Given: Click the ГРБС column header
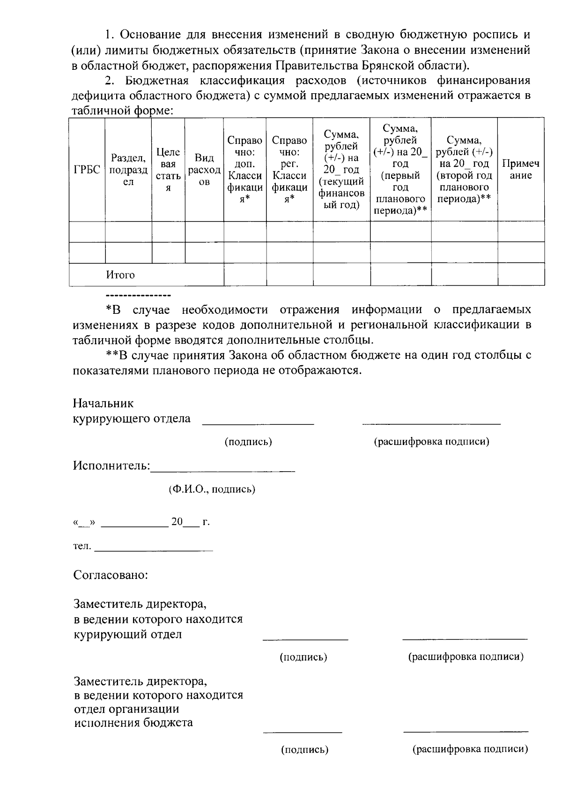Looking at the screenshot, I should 87,170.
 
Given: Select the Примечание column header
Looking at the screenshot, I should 520,170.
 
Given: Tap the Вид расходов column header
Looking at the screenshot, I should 204,170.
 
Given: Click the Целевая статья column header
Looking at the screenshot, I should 168,170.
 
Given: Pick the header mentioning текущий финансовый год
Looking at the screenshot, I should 341,170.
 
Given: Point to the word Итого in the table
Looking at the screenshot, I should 120,275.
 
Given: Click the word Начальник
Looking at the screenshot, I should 103,403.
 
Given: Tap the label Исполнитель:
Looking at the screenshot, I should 111,466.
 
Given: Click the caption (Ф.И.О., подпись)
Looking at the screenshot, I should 212,489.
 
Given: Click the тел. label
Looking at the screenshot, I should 82,547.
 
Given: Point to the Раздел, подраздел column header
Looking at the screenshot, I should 128,170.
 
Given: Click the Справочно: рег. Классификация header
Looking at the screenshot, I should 289,170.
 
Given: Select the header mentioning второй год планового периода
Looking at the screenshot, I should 464,170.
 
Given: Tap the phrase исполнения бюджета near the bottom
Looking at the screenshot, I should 133,722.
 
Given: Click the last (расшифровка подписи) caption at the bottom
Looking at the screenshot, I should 470,749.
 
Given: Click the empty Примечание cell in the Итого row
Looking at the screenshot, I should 520,274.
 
